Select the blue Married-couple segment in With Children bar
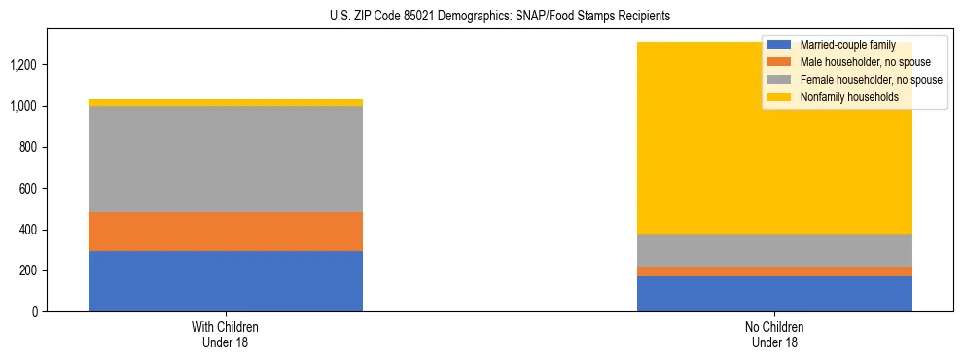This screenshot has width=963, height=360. pos(226,281)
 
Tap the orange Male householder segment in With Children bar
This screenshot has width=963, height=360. pos(226,232)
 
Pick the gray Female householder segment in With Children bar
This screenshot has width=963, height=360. pos(226,159)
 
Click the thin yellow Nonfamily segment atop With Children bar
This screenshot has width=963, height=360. pos(226,102)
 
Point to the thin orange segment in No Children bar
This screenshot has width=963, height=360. pos(774,271)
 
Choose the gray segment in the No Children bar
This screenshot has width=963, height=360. pos(774,250)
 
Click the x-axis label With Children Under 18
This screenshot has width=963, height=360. pos(226,334)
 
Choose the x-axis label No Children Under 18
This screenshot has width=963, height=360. pos(774,334)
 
